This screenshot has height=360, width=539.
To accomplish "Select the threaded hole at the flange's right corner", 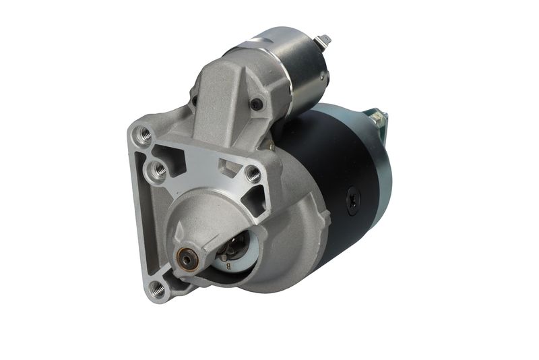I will (x=253, y=174).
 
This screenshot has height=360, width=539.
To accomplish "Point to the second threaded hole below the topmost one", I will (x=158, y=171).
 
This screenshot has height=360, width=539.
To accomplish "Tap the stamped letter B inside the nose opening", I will (x=228, y=266).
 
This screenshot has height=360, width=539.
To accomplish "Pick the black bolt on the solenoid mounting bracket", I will (x=257, y=105).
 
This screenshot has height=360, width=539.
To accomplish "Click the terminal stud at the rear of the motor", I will (x=377, y=120).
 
